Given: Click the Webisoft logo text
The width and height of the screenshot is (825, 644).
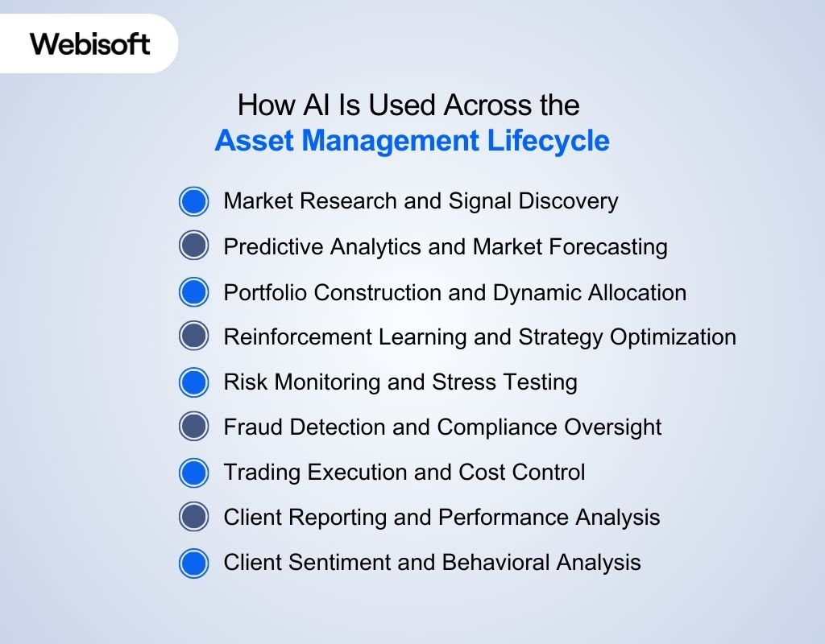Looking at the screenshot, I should [x=89, y=43].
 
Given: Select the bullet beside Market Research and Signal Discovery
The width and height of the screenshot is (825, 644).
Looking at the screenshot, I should [x=193, y=201].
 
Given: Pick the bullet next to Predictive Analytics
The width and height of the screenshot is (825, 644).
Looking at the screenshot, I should [x=193, y=246].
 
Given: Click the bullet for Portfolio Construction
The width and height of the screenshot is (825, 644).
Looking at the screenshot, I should [x=193, y=292].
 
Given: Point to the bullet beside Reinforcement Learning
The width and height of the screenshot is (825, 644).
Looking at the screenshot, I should [x=193, y=336].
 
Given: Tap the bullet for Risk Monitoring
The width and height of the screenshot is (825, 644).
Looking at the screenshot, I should [x=193, y=382].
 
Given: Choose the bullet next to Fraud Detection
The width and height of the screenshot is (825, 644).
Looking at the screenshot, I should [x=193, y=427].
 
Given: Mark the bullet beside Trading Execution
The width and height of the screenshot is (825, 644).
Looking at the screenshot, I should [x=193, y=472].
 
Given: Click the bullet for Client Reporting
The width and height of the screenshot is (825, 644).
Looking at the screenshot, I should [x=193, y=517].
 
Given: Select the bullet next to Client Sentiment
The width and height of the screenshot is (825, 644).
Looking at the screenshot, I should [x=193, y=563].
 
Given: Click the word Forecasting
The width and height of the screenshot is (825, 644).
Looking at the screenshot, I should [x=610, y=246].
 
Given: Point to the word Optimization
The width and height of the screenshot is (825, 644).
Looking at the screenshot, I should [x=673, y=336].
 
